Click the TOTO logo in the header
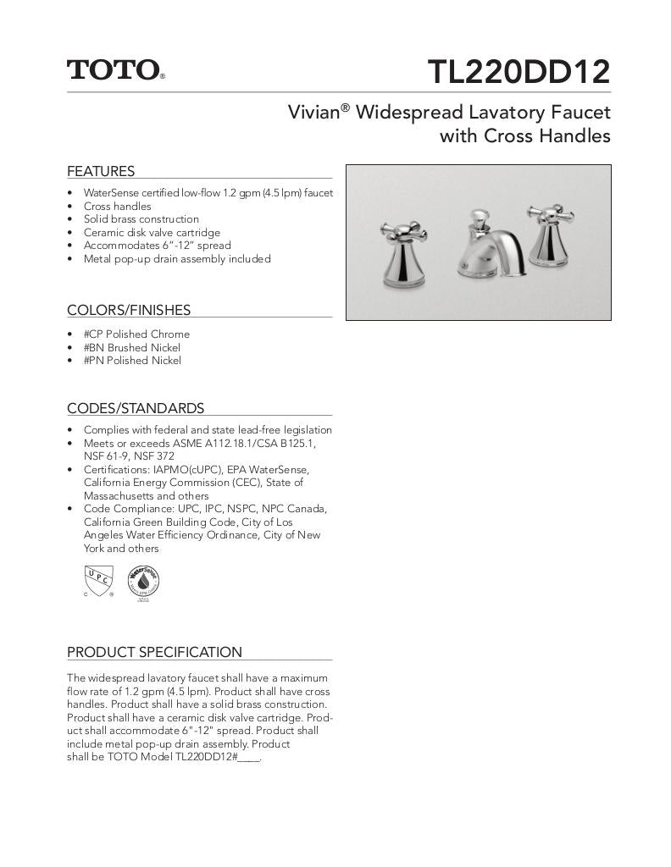point(115,69)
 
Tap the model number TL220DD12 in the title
point(518,72)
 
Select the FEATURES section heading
point(101,171)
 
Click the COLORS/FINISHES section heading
point(129,310)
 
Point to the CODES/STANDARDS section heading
point(136,408)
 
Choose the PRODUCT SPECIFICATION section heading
point(154,652)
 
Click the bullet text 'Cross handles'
point(117,206)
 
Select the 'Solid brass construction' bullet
point(141,219)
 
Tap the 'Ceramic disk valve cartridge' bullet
point(152,232)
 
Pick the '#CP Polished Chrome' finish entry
point(136,334)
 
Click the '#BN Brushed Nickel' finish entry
point(131,347)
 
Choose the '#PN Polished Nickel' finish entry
point(132,361)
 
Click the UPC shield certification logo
point(98,583)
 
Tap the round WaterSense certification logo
point(143,583)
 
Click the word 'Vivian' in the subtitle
point(313,113)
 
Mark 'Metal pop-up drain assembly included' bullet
point(177,259)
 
